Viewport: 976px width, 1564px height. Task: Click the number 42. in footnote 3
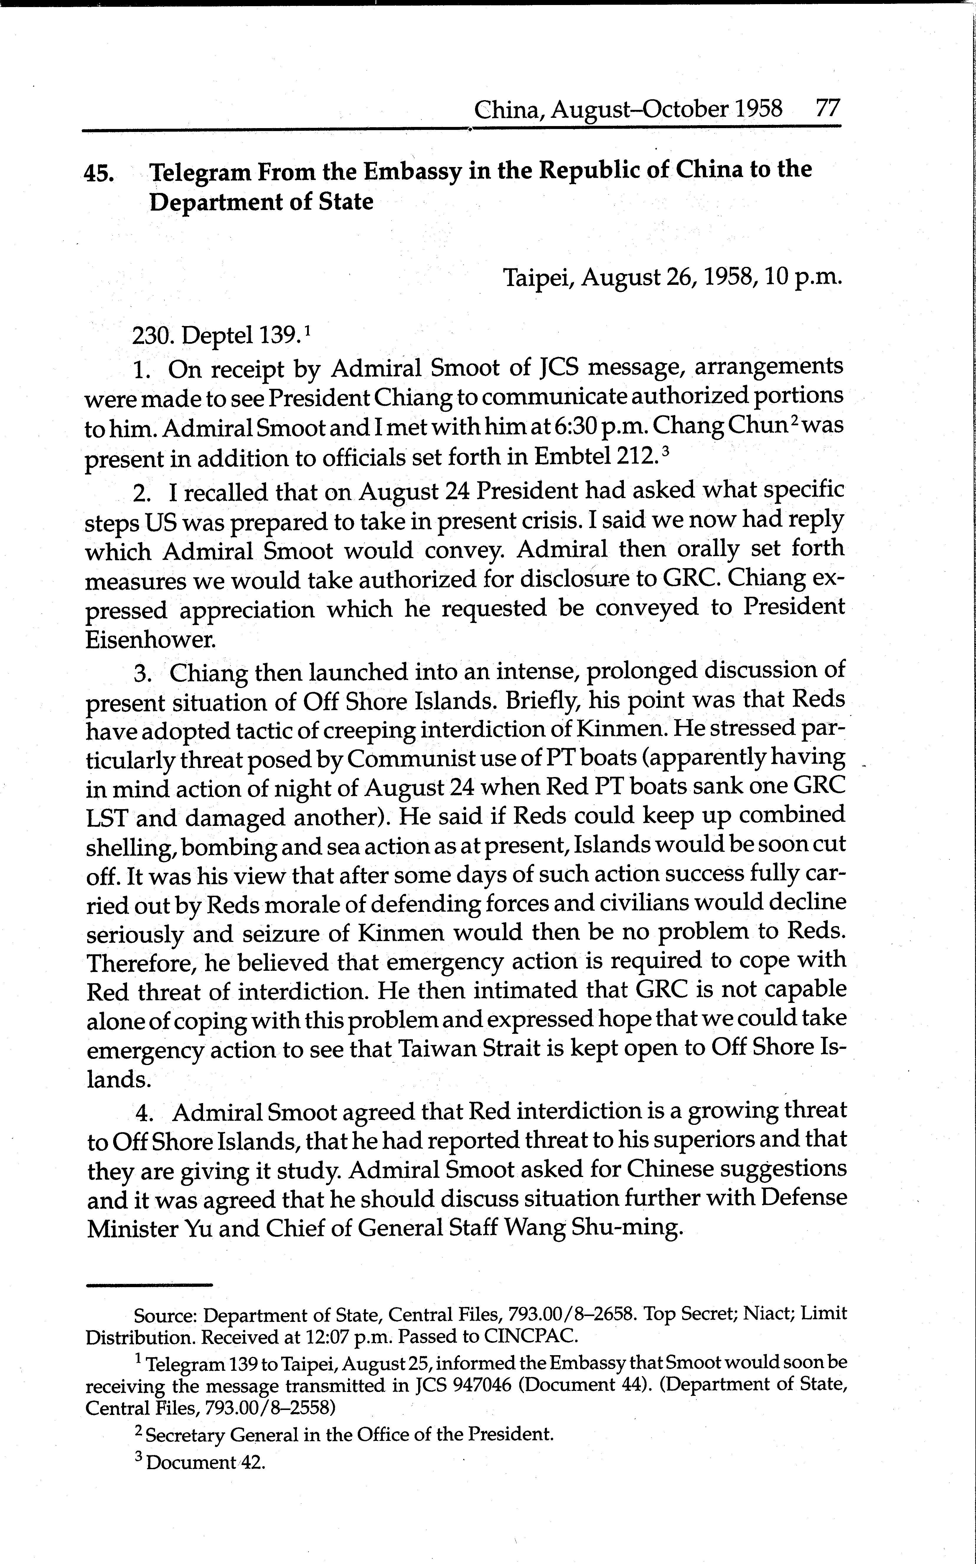pos(253,1462)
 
